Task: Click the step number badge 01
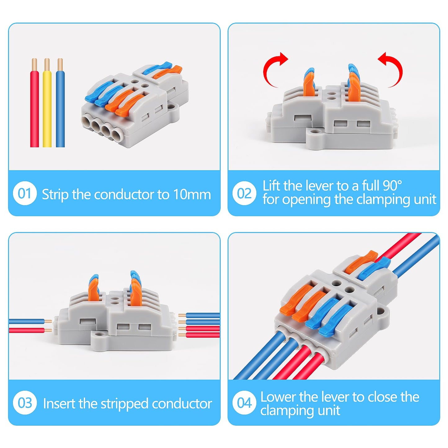[25, 193]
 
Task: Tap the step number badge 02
[244, 193]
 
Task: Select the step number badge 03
[25, 403]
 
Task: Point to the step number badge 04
[244, 403]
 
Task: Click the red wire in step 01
[34, 109]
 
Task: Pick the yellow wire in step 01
[47, 109]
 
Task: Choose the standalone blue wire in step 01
[60, 109]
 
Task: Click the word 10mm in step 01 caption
[192, 195]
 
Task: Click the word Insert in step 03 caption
[59, 404]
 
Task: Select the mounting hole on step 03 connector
[99, 335]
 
